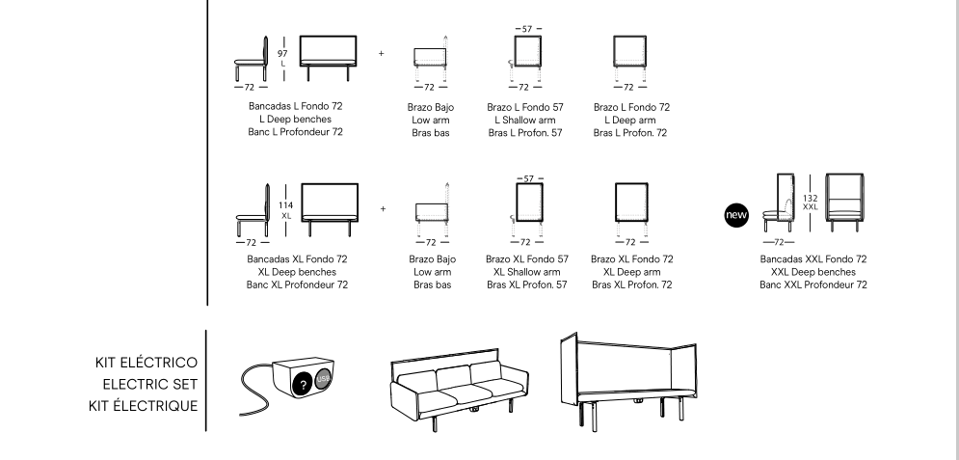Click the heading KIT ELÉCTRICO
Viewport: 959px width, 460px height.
click(x=146, y=363)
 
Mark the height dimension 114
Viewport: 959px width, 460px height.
click(x=285, y=204)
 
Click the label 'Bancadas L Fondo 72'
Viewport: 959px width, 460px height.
click(x=295, y=105)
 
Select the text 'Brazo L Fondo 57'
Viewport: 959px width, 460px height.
click(x=525, y=105)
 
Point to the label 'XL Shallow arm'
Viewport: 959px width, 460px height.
click(x=525, y=272)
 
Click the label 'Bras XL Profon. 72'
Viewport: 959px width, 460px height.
click(x=631, y=284)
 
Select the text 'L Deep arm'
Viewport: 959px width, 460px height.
click(x=631, y=119)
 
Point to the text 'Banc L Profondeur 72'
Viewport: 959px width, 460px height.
click(x=295, y=131)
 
